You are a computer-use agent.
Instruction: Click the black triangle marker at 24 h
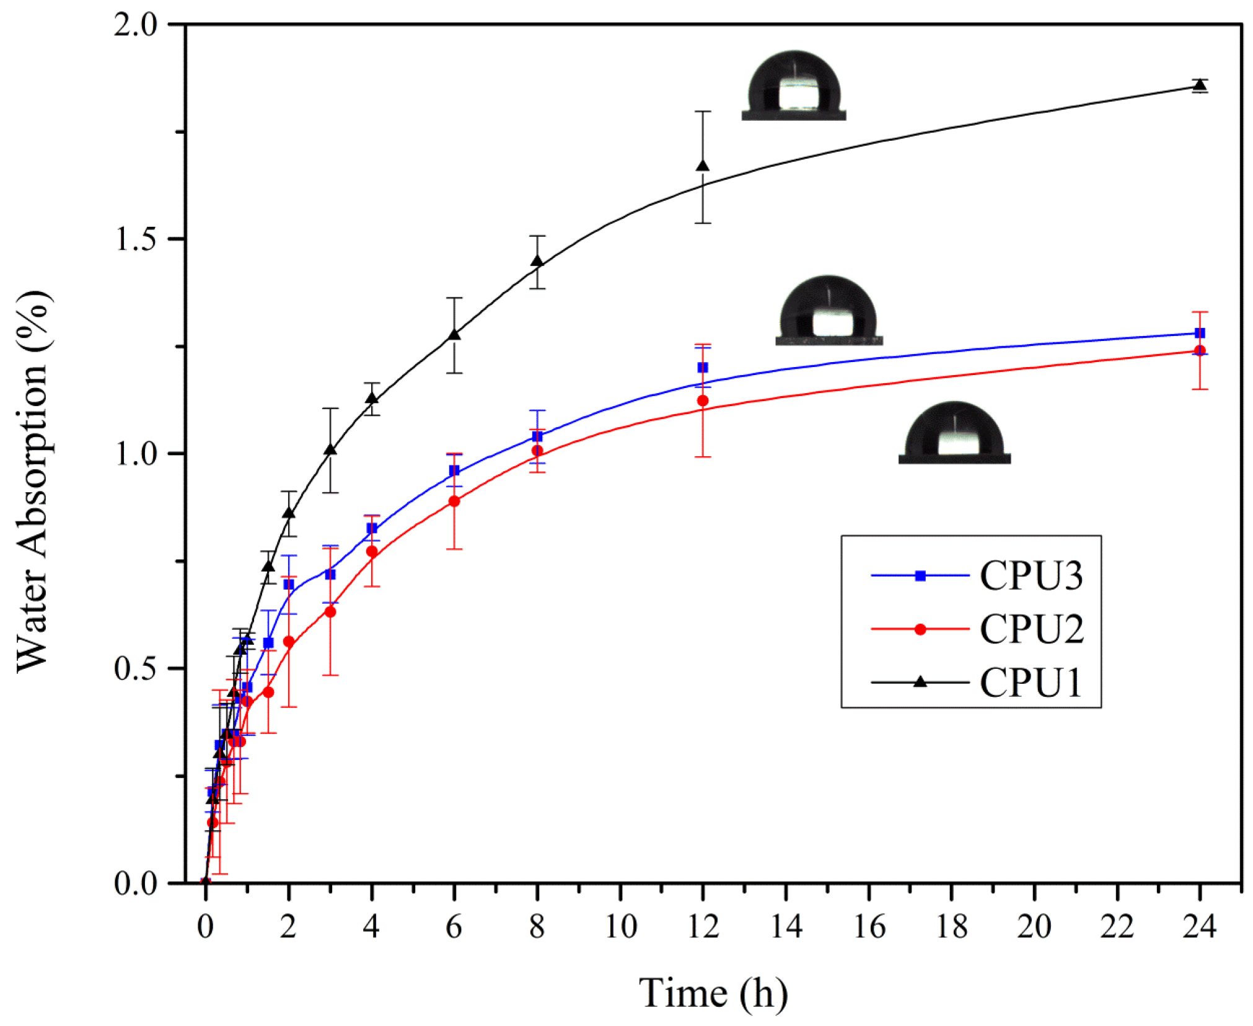pos(1199,84)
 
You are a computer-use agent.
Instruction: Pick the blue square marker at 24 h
pos(1199,333)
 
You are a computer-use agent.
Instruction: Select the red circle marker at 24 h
pos(1199,350)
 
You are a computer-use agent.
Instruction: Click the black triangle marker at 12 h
pos(702,166)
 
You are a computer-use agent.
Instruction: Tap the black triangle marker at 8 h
pos(537,261)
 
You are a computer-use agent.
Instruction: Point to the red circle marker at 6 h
pos(454,501)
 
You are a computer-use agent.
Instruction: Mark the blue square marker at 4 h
pos(371,528)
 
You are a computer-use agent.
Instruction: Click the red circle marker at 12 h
pos(702,400)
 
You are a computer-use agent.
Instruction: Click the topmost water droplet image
pos(794,86)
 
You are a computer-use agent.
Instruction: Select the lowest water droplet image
pos(954,433)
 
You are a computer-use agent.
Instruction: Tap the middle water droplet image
pos(829,311)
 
